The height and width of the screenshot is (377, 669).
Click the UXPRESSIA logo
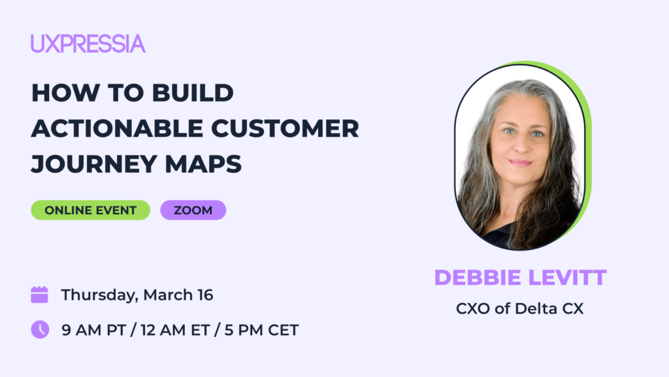(x=88, y=44)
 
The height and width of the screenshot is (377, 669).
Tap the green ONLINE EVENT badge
(x=90, y=210)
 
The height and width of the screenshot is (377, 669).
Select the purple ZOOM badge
(x=193, y=210)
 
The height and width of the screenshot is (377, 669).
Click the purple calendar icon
(x=40, y=295)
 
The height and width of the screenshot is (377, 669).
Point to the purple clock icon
(x=40, y=330)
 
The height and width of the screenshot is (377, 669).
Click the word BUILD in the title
(x=193, y=93)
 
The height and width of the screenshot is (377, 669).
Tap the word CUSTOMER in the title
(x=285, y=128)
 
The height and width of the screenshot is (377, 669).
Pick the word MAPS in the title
(x=203, y=164)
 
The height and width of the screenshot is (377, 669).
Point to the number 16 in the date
(x=205, y=295)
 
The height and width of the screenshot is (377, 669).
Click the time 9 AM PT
(x=94, y=330)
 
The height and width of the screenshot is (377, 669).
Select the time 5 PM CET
(x=261, y=330)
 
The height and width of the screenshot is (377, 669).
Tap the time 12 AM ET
(x=175, y=330)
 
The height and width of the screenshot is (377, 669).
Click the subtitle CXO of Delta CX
(x=519, y=309)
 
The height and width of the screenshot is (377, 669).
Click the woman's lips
(x=521, y=162)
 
